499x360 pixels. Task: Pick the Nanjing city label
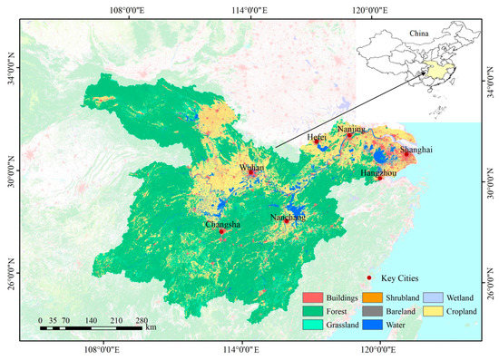[x=351, y=129]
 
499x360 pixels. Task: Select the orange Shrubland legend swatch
[x=372, y=297]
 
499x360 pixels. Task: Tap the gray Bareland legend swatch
[x=372, y=310]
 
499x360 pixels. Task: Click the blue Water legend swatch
[x=372, y=324]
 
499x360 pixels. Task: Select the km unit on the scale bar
[x=151, y=327]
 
